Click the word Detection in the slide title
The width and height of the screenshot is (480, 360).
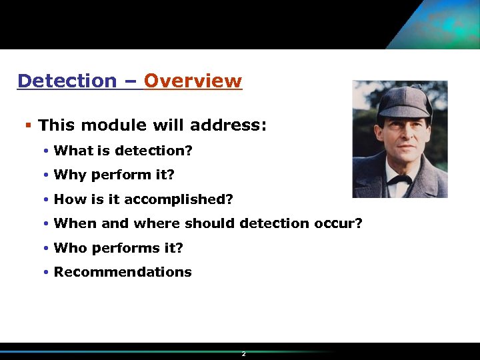[x=67, y=81]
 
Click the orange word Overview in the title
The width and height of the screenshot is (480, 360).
[x=193, y=81]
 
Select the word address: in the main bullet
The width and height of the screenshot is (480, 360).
[x=228, y=125]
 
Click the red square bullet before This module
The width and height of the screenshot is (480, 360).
[x=28, y=125]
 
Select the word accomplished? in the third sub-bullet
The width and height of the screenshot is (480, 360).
[x=188, y=199]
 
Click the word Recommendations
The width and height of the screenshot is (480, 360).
[x=123, y=272]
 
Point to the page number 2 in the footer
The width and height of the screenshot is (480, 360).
[x=244, y=354]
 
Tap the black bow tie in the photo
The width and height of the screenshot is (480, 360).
[x=398, y=179]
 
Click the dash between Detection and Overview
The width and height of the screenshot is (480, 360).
[x=130, y=82]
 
